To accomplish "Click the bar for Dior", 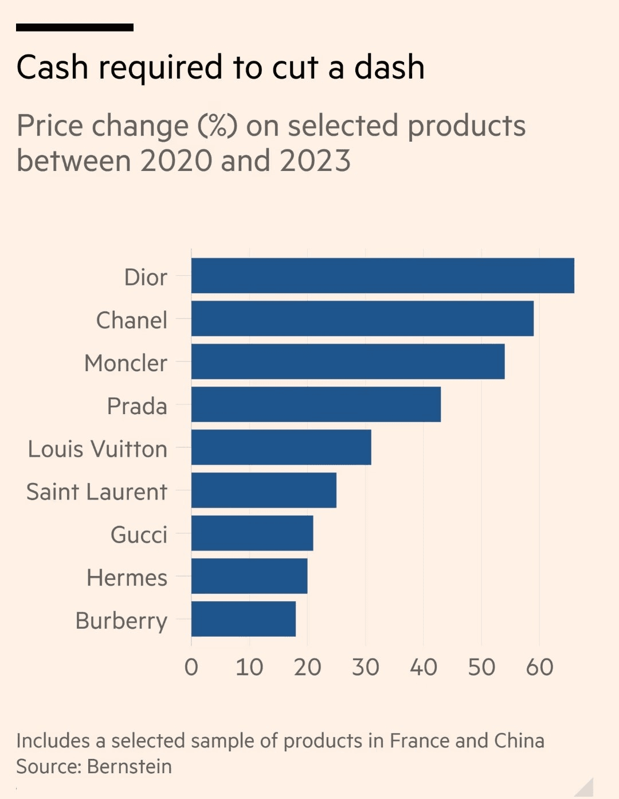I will click(382, 275).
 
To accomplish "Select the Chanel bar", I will click(362, 318).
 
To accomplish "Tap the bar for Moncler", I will click(348, 361).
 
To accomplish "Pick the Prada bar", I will click(316, 404).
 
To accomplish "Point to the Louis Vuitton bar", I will click(281, 447).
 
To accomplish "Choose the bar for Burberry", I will click(243, 619).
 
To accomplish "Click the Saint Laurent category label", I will click(97, 492).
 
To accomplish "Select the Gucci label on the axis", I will click(139, 535).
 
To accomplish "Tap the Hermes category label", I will click(127, 578).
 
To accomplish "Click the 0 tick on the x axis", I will click(191, 668).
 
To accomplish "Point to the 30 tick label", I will click(366, 668).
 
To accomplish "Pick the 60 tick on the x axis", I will click(539, 668).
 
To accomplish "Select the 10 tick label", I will click(249, 668).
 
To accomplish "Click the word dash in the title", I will click(389, 68).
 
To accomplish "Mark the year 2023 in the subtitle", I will click(315, 161).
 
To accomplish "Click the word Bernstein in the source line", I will click(130, 767).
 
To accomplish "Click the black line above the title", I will click(75, 27).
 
